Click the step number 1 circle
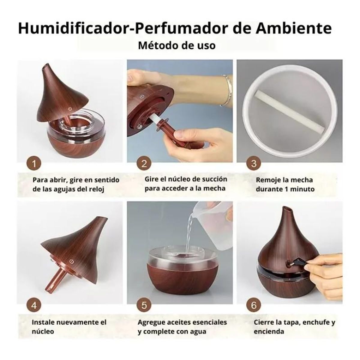pos(34,164)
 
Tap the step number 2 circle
pos(144,164)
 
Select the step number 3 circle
pos(254,164)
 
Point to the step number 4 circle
pos(34,305)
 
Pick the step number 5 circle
pos(144,305)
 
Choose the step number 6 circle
pos(254,305)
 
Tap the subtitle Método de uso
pos(177,45)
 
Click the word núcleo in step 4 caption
pos(43,331)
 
